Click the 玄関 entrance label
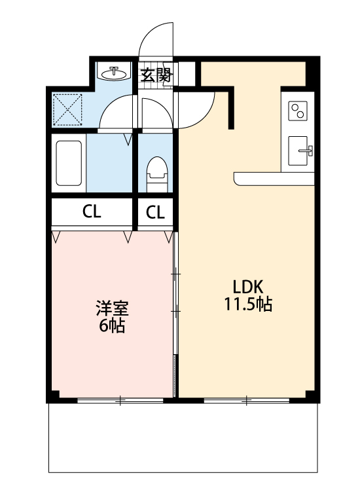coord(156,75)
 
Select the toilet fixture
coord(156,173)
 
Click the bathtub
coord(68,164)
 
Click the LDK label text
coord(248,287)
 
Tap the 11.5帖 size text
coord(248,304)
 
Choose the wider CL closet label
coord(92,211)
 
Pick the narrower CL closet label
coord(155,211)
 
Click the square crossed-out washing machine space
coord(67,109)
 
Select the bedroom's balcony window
coord(120,399)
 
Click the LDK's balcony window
coord(246,399)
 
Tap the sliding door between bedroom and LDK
coord(175,308)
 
